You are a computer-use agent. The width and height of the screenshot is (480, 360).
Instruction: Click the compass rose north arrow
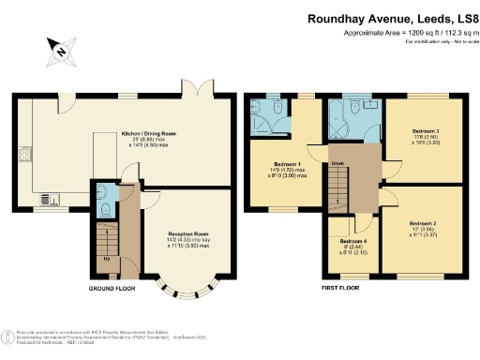click(61, 52)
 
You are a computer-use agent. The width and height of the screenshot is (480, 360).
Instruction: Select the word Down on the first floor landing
click(338, 160)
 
